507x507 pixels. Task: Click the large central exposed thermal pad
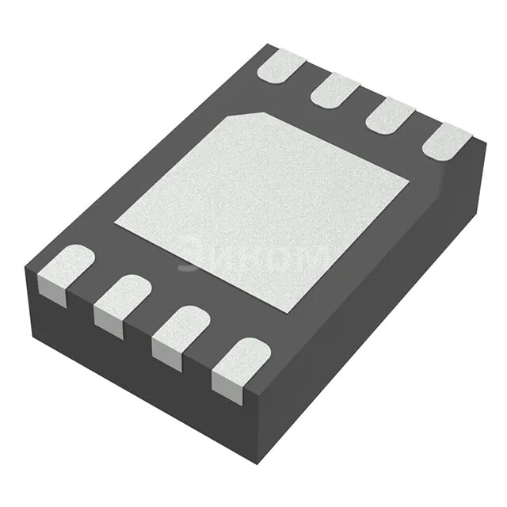pos(261,210)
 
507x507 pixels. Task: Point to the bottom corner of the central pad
pos(287,311)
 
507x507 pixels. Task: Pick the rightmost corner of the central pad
pos(408,183)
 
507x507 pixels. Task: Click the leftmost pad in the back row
pos(281,66)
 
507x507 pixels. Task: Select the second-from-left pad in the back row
pos(335,90)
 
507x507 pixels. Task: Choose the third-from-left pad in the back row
pos(389,115)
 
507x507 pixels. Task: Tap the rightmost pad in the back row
pos(446,140)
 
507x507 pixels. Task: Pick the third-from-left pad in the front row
pos(181,326)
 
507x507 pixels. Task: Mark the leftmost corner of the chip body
pos(25,269)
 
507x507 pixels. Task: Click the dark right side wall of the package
pos(380,309)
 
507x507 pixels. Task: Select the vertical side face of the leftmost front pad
pos(52,294)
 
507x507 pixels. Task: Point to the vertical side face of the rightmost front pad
pos(227,388)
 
